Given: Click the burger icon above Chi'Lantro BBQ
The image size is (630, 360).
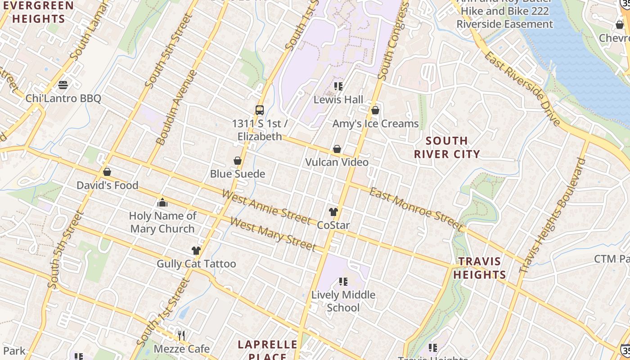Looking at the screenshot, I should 63,85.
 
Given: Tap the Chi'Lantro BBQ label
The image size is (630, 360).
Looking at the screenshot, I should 63,99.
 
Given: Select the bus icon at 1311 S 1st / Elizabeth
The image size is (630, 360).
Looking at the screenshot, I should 260,110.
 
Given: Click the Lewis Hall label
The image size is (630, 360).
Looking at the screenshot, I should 338,100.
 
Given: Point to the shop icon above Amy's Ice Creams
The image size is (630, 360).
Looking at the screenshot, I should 375,110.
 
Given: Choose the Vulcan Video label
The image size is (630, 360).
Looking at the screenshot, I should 337,162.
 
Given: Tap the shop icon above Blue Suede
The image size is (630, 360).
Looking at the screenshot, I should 238,161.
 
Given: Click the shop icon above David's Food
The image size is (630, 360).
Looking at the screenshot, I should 107,172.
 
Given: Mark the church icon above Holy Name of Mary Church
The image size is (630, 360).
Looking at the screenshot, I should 162,203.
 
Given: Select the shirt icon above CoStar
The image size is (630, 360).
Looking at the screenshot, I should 333,212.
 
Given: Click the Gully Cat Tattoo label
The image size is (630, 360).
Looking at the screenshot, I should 196,264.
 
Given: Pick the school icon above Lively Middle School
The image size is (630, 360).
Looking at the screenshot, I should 343,282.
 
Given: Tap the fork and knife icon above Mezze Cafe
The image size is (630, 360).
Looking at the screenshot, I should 181,335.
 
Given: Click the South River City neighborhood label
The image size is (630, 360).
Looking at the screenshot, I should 447,147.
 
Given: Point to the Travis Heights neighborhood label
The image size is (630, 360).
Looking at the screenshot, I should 480,268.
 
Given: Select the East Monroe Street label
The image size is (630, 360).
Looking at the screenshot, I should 415,210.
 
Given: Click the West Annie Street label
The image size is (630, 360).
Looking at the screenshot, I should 266,207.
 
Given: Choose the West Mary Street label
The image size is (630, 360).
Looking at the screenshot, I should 273,234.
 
